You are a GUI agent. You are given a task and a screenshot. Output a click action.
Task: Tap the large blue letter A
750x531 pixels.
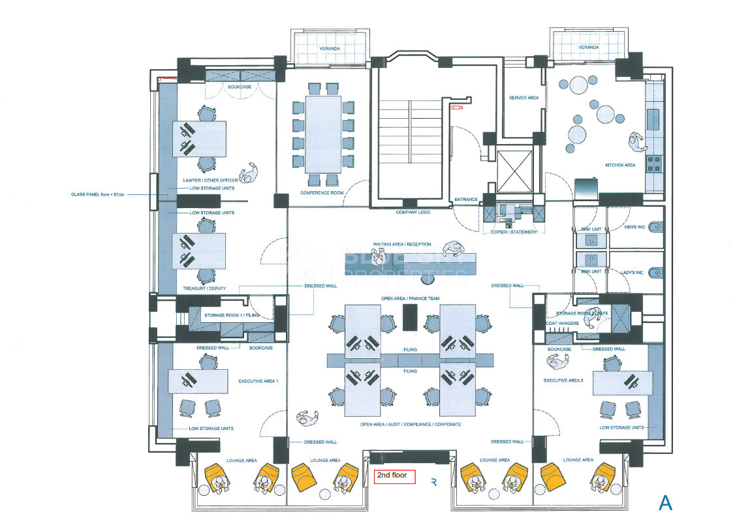665,503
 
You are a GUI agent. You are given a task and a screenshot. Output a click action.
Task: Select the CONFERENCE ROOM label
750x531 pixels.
322,193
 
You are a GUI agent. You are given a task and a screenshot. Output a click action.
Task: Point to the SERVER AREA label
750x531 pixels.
523,98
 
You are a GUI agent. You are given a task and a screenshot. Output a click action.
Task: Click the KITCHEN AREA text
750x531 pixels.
620,165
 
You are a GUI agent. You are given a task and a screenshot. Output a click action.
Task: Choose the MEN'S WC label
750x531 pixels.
634,227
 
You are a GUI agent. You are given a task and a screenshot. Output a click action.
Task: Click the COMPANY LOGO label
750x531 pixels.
413,212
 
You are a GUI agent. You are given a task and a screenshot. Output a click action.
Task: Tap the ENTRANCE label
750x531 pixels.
466,200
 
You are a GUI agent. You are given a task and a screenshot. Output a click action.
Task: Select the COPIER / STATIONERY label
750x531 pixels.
514,232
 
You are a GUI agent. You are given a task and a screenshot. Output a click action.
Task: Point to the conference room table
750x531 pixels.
323,134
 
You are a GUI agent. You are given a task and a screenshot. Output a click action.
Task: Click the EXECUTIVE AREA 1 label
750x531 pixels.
258,380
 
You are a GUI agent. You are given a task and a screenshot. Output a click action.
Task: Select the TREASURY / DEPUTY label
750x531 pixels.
205,288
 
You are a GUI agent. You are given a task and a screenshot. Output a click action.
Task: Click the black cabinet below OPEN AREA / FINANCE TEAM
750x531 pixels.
410,318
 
